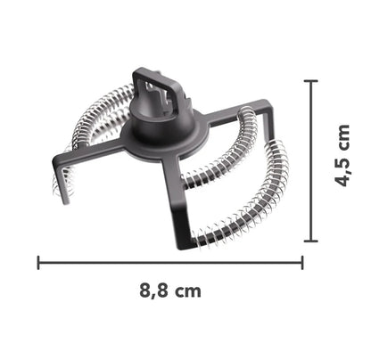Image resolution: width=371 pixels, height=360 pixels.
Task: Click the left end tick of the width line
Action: click(x=38, y=262)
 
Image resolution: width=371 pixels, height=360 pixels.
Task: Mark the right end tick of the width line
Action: click(x=302, y=262)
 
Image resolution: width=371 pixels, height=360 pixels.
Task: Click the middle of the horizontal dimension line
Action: click(x=170, y=262)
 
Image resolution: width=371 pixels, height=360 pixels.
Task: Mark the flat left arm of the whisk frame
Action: click(x=89, y=155)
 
